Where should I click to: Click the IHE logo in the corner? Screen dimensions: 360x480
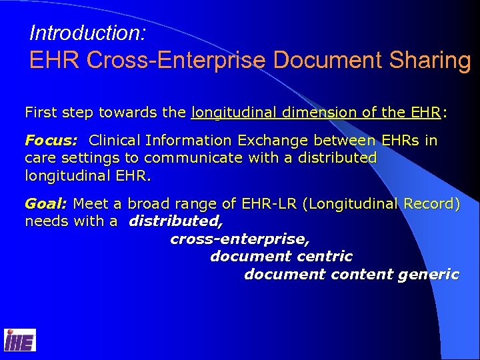coord(20,340)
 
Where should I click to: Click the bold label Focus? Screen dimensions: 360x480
coord(51,141)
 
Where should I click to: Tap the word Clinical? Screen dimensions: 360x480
coord(117,141)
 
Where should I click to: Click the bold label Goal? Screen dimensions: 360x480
coord(46,203)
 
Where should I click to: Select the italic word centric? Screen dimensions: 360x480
coord(325,256)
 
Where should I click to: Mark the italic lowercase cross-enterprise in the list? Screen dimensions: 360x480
coord(240,239)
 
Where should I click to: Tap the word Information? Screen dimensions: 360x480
coord(187,141)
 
